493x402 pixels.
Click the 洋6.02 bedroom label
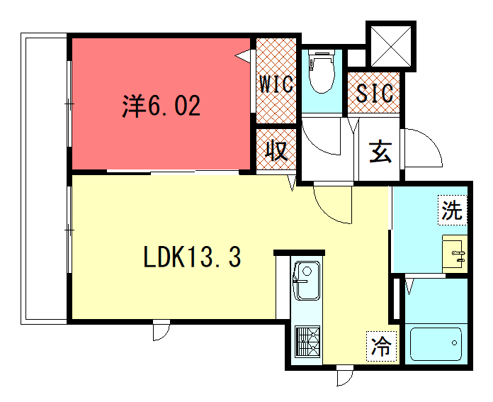tap(161, 106)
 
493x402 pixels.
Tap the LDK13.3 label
tap(192, 257)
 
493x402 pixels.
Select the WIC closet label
tap(276, 84)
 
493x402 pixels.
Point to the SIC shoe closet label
tap(375, 93)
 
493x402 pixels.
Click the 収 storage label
tap(276, 150)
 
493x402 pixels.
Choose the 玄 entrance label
tap(380, 152)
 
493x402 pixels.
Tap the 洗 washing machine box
tap(453, 210)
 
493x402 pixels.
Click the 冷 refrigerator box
tap(382, 346)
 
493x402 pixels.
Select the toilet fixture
tap(322, 71)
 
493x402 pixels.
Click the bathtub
tap(436, 344)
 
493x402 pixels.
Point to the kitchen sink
tap(307, 281)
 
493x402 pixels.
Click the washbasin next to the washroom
tap(455, 254)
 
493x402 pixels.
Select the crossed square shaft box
tap(391, 46)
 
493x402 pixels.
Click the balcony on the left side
tap(44, 179)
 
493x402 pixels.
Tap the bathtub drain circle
tap(454, 343)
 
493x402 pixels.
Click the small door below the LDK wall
tap(161, 331)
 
